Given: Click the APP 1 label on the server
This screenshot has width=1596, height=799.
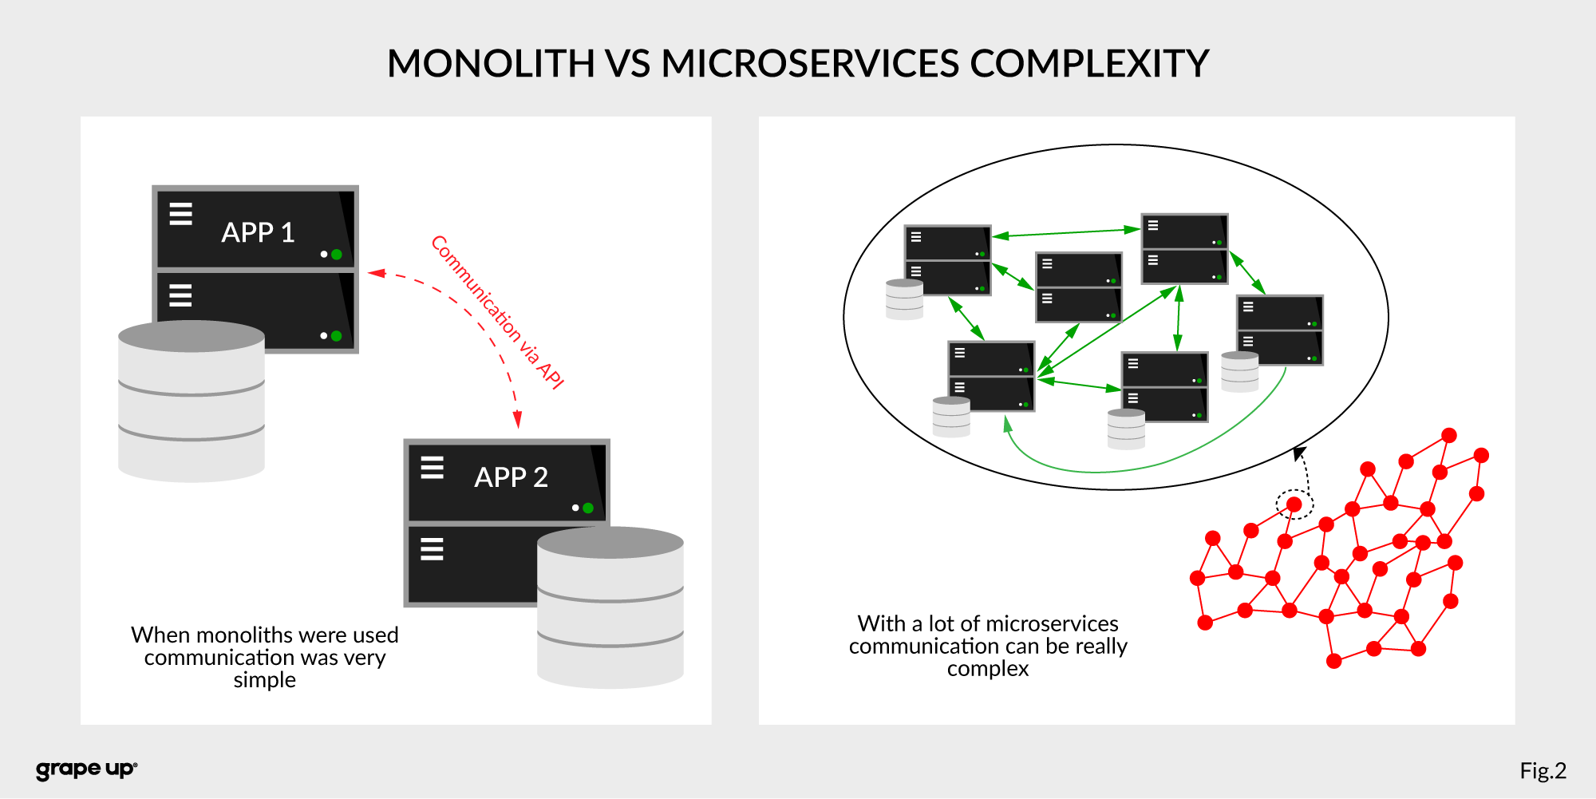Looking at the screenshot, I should pos(258,232).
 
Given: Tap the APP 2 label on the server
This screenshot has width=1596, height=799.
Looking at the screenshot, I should pos(511,477).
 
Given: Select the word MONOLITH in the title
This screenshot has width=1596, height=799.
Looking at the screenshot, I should pos(491,64).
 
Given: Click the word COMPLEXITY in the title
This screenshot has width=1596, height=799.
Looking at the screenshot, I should pos(1089,64).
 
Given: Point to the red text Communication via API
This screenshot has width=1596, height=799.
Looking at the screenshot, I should pos(498,312).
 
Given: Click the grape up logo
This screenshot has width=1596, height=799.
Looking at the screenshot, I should pos(86,769).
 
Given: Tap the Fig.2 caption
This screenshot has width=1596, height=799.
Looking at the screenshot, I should pos(1543,770).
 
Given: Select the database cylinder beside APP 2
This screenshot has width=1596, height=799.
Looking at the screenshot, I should pos(610,607).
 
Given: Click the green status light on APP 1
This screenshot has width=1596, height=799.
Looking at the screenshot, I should pos(337,255).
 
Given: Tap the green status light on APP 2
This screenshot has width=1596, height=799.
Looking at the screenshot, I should pos(588,508).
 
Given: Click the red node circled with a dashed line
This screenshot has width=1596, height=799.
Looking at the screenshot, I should pos(1294,504).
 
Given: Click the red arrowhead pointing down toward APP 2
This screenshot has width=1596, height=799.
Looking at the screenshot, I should pos(518,419).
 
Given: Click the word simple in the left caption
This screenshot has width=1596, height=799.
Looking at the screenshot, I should pos(264,680).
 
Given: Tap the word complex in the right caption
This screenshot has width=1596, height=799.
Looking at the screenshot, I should pos(988,669).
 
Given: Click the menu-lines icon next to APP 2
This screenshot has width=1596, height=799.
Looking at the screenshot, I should pos(432,467).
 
